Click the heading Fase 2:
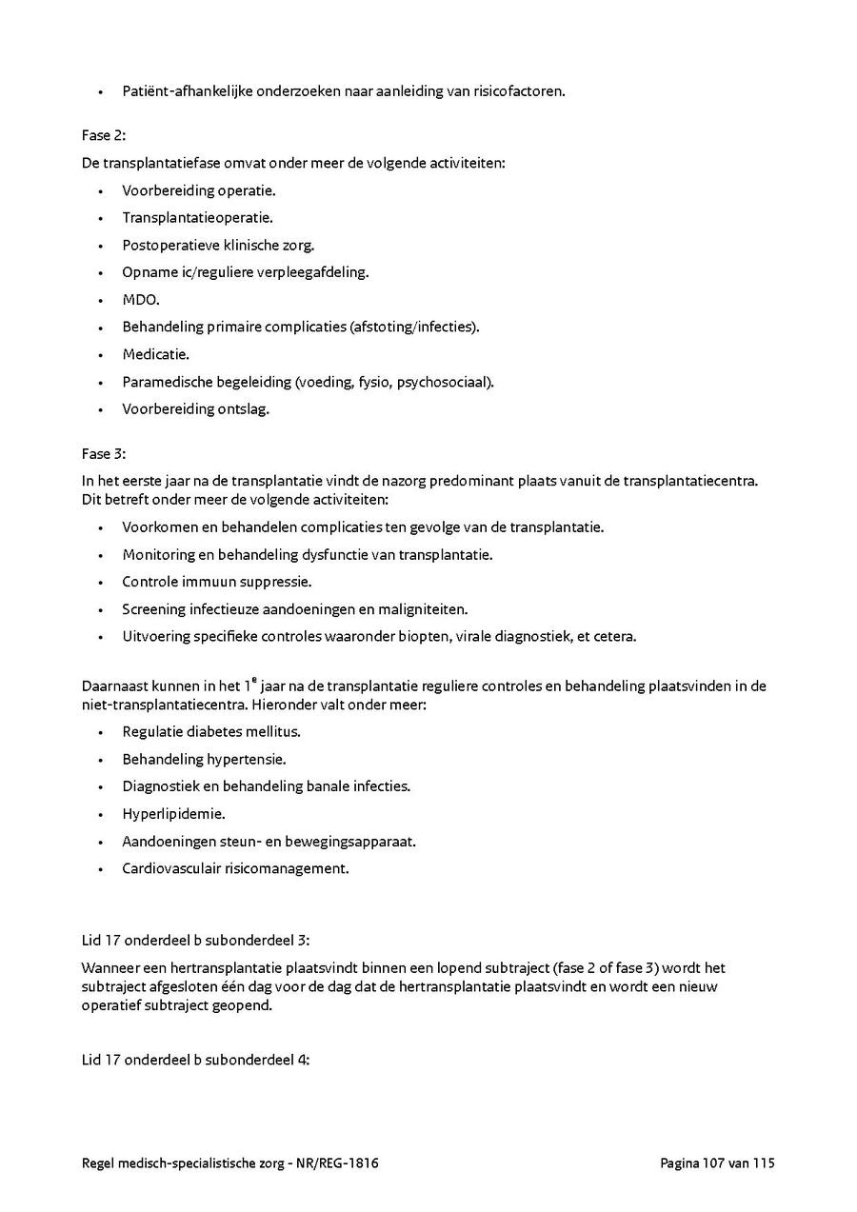click(104, 135)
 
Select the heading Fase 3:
click(104, 453)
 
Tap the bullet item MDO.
click(140, 300)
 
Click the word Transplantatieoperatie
click(197, 217)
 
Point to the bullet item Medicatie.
click(155, 354)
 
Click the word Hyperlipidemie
click(173, 814)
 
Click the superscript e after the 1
click(280, 680)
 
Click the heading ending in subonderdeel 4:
click(195, 1059)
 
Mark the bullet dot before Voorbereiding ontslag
click(100, 409)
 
